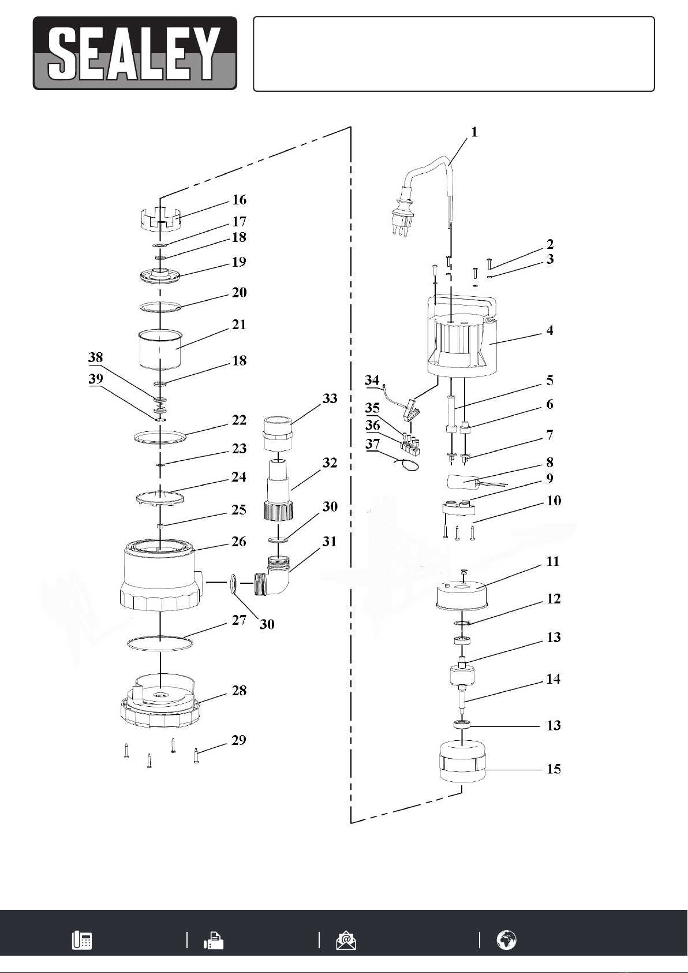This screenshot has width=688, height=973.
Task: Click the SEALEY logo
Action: click(x=135, y=54)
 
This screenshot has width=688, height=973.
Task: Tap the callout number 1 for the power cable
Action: click(x=474, y=132)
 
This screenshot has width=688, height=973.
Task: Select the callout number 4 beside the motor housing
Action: click(x=549, y=330)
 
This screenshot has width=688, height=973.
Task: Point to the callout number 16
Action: click(x=239, y=200)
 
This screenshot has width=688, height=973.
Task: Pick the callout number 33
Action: click(x=330, y=398)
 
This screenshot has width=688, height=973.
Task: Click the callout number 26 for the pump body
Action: click(x=239, y=542)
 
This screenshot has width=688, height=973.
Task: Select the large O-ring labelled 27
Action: click(x=160, y=643)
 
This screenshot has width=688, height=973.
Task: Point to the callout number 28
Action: click(x=239, y=691)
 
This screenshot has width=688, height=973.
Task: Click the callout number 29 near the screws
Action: click(x=239, y=740)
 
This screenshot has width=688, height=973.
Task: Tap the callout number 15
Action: click(x=554, y=769)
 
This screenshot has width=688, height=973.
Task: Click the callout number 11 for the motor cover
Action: click(x=553, y=561)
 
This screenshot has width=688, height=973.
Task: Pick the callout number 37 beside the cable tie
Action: click(x=372, y=444)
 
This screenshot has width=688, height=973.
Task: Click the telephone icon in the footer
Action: click(x=81, y=941)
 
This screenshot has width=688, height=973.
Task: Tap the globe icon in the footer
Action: click(x=507, y=941)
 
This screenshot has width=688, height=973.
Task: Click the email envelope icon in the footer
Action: click(x=346, y=941)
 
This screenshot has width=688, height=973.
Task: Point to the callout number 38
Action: click(x=96, y=357)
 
